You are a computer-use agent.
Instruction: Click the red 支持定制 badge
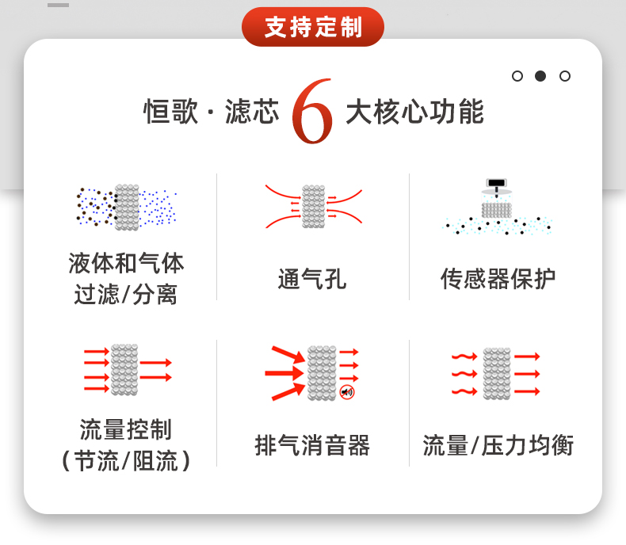pyautogui.click(x=313, y=27)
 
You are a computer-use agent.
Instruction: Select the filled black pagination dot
pyautogui.click(x=540, y=76)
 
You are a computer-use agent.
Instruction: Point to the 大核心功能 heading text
pyautogui.click(x=414, y=112)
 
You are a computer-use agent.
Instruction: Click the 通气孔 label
pyautogui.click(x=312, y=279)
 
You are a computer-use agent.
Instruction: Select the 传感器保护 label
pyautogui.click(x=498, y=279)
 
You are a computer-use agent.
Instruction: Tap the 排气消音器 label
pyautogui.click(x=312, y=445)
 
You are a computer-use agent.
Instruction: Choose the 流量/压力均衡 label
pyautogui.click(x=498, y=445)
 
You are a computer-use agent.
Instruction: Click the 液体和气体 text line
pyautogui.click(x=126, y=262)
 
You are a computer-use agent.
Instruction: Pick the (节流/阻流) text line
pyautogui.click(x=126, y=461)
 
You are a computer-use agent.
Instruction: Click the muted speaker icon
pyautogui.click(x=346, y=392)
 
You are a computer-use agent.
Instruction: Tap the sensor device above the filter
pyautogui.click(x=497, y=186)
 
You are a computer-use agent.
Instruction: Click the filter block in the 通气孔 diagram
pyautogui.click(x=313, y=207)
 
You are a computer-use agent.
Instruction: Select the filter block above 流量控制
pyautogui.click(x=124, y=370)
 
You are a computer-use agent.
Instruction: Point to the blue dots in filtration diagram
pyautogui.click(x=158, y=208)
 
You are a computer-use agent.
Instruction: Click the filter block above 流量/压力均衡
pyautogui.click(x=497, y=373)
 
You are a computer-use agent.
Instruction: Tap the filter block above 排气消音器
pyautogui.click(x=322, y=372)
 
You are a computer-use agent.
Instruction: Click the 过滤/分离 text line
pyautogui.click(x=126, y=295)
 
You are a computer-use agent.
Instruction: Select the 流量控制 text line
pyautogui.click(x=126, y=430)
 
